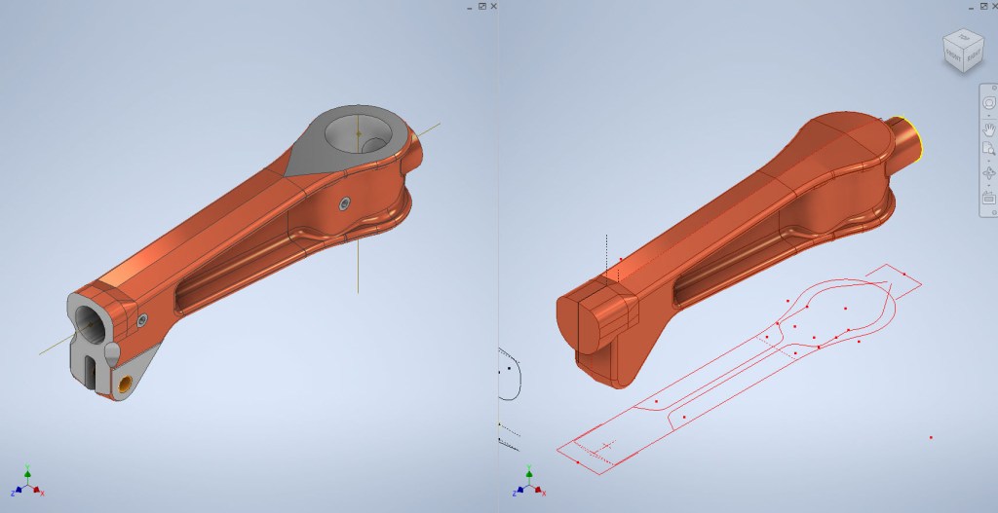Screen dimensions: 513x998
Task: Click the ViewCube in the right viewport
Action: pyautogui.click(x=962, y=52)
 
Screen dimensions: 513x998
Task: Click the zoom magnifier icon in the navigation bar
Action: pyautogui.click(x=988, y=149)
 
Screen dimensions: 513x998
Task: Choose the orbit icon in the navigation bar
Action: pyautogui.click(x=988, y=173)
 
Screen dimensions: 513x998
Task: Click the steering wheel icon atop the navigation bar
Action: pyautogui.click(x=988, y=102)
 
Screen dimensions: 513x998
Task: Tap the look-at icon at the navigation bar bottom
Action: pyautogui.click(x=988, y=198)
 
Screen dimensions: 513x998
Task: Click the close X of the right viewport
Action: pyautogui.click(x=992, y=6)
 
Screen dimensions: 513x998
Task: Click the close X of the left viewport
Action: pyautogui.click(x=493, y=6)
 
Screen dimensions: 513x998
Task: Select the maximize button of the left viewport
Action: pyautogui.click(x=481, y=6)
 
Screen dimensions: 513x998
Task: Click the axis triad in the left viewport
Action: pyautogui.click(x=28, y=484)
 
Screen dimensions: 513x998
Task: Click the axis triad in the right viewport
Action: pyautogui.click(x=527, y=484)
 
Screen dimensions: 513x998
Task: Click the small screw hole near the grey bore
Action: pyautogui.click(x=343, y=202)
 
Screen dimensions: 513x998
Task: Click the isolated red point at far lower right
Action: pyautogui.click(x=931, y=438)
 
